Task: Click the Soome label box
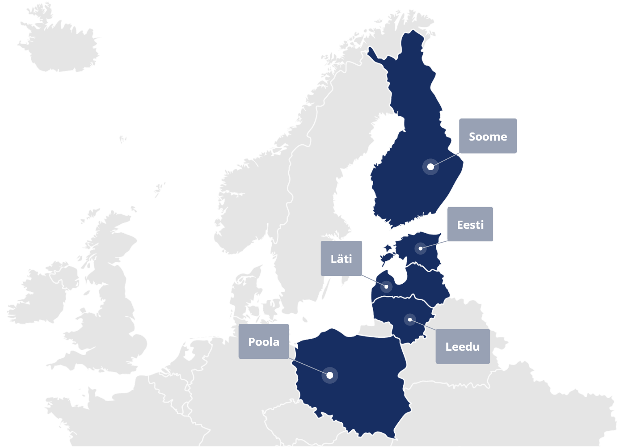click(x=488, y=136)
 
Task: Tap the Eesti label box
click(x=470, y=224)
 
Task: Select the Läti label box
click(x=341, y=258)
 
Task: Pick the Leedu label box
click(x=462, y=346)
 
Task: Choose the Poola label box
click(x=264, y=341)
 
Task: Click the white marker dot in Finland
click(x=431, y=167)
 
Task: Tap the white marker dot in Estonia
click(x=420, y=248)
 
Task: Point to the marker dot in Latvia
click(x=386, y=286)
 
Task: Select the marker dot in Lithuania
click(x=410, y=319)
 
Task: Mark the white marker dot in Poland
click(x=330, y=375)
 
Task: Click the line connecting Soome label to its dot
click(x=446, y=159)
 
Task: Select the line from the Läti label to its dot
click(x=374, y=281)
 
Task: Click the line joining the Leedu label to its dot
click(x=423, y=325)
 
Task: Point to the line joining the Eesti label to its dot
click(x=434, y=245)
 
